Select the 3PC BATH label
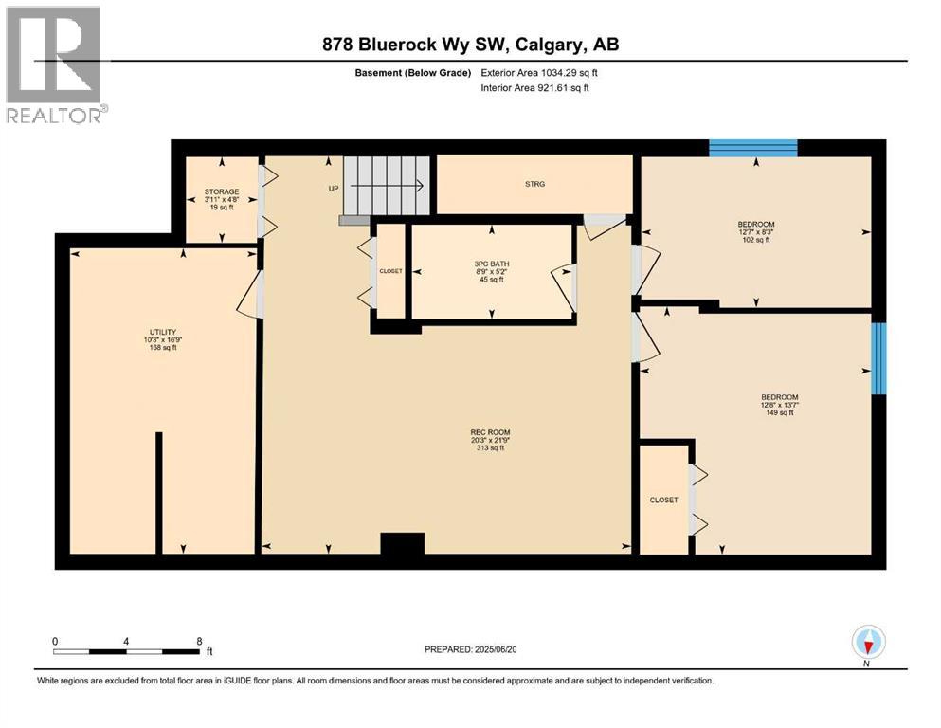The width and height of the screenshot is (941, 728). pos(492,270)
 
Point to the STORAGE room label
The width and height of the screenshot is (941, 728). pos(221,198)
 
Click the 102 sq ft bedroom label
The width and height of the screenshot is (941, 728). pos(756,232)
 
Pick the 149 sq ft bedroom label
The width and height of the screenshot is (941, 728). pos(779,405)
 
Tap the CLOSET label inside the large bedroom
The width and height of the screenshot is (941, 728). pos(663,500)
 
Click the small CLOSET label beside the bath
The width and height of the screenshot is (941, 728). pos(390,271)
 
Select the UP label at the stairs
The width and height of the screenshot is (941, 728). pos(333,189)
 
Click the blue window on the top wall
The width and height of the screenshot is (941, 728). pos(753,147)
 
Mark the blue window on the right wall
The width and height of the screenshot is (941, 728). pos(878,358)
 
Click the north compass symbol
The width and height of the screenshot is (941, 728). pos(868,643)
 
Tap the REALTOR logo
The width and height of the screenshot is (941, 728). pos(54,64)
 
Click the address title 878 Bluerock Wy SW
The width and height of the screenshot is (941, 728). pos(470,45)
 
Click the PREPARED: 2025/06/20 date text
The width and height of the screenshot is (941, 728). pos(480,649)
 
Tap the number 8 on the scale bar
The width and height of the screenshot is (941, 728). pos(199,641)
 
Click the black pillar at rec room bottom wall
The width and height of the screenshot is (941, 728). pos(402,543)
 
